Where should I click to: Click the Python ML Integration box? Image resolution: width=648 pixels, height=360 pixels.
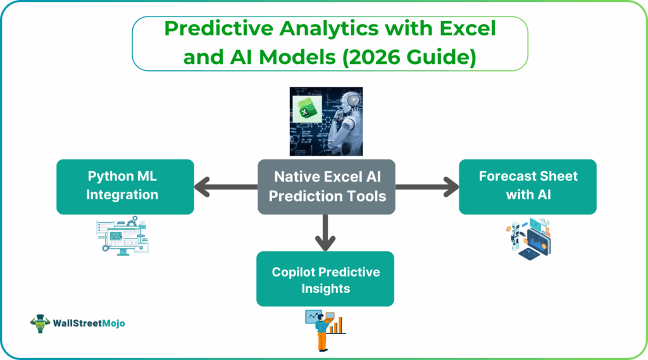[x=125, y=186]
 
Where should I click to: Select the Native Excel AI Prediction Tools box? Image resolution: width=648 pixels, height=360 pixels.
[x=327, y=186]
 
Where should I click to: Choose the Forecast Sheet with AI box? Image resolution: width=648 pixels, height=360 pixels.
[x=528, y=186]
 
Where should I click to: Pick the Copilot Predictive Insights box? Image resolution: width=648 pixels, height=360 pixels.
[x=325, y=279]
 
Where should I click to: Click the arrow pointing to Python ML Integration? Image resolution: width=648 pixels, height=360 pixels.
[x=225, y=187]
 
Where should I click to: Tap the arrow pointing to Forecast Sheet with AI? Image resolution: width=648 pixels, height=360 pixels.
[x=427, y=187]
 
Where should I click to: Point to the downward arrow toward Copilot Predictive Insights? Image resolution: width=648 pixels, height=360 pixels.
[x=326, y=231]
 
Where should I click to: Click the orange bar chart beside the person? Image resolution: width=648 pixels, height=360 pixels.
[x=339, y=325]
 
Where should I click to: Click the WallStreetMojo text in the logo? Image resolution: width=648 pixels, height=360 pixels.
[x=89, y=323]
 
